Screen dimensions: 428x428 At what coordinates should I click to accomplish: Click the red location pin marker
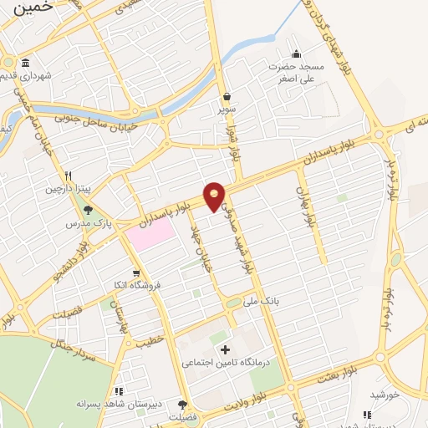point(215,196)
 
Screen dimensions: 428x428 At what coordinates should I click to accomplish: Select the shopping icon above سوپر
point(227,96)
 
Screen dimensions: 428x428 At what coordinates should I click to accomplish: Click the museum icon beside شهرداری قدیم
point(26,64)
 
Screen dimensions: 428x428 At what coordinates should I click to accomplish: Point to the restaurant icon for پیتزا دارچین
point(68,176)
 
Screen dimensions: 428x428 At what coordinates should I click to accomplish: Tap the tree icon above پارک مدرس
point(88,211)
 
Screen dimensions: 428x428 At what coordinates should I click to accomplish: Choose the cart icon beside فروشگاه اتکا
point(136,273)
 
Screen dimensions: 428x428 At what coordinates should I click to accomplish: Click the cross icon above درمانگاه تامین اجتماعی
point(224,349)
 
